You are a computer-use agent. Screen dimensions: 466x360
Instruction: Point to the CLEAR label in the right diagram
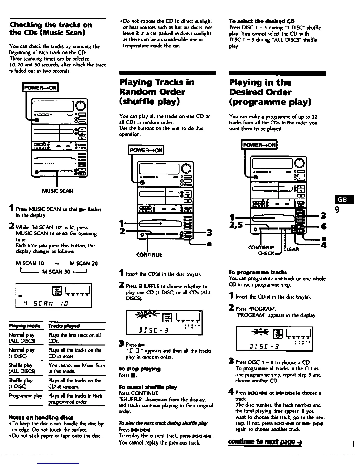(x=291, y=249)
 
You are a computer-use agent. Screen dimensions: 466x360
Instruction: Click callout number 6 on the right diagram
(x=324, y=226)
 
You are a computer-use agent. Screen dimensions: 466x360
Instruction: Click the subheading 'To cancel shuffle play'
(x=148, y=387)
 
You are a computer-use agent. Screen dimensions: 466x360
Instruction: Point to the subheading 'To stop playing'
(x=139, y=369)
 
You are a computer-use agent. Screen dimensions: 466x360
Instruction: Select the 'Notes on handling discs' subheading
(x=41, y=417)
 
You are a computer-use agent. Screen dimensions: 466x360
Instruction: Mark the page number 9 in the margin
(x=338, y=210)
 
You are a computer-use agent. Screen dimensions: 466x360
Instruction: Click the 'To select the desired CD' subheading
(x=262, y=21)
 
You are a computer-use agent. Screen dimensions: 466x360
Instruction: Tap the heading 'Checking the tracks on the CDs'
(x=51, y=28)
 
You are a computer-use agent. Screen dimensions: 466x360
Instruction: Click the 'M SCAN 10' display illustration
(x=54, y=295)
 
